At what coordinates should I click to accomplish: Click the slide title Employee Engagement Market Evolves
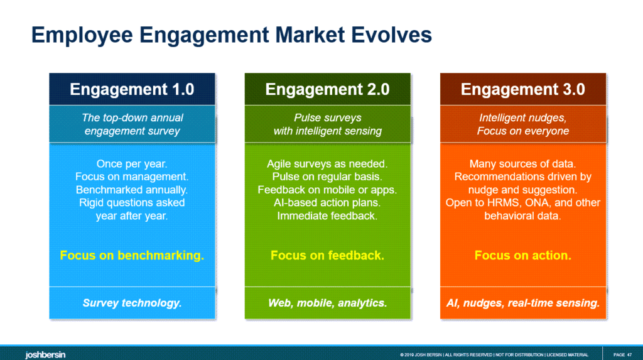coord(232,35)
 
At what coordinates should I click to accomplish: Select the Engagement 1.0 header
coord(132,89)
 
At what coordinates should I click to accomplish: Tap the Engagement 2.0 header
coord(327,89)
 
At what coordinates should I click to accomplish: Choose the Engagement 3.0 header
coord(522,89)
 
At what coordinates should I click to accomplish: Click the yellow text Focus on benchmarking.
coord(132,256)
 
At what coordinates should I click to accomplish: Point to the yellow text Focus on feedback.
coord(327,256)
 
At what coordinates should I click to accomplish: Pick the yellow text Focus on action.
coord(522,256)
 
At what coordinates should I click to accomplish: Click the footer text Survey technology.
coord(132,303)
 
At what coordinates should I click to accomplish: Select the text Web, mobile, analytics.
coord(327,303)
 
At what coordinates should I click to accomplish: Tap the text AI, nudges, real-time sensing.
coord(522,303)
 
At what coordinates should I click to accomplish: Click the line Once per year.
coord(132,164)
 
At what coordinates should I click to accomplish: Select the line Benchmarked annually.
coord(132,190)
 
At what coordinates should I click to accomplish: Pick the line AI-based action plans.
coord(327,203)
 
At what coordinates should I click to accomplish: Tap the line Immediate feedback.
coord(327,215)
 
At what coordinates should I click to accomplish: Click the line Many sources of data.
coord(522,164)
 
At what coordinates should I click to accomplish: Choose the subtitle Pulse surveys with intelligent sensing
coord(327,124)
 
